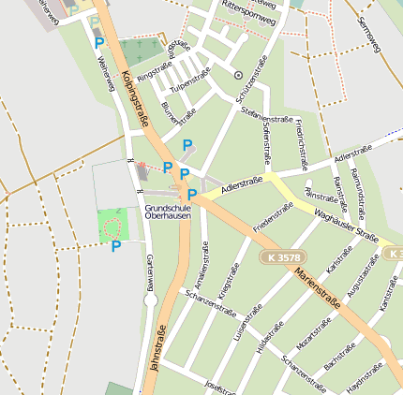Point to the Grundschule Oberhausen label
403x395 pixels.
[x=170, y=212]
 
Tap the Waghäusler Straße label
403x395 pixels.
[x=346, y=226]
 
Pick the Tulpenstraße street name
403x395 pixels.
[x=192, y=81]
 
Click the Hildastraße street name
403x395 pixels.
[x=270, y=338]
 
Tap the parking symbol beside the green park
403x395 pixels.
[x=116, y=246]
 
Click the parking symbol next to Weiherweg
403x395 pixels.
[x=99, y=43]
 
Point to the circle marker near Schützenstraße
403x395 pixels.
[x=238, y=74]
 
